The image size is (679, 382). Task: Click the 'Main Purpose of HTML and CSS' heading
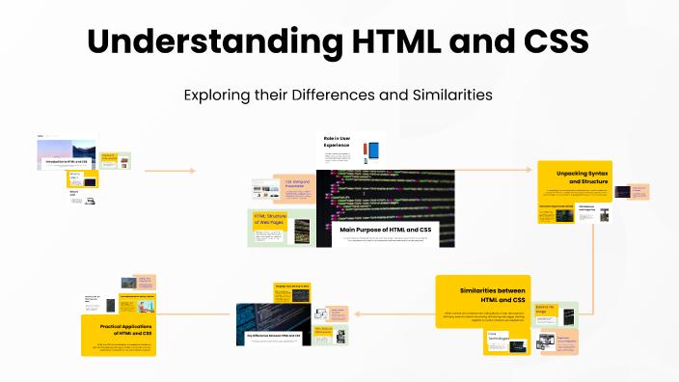pyautogui.click(x=386, y=230)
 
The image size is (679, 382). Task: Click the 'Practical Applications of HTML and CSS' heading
pyautogui.click(x=120, y=329)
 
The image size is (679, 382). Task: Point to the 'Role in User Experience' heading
pyautogui.click(x=337, y=144)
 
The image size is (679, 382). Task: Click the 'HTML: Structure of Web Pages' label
pyautogui.click(x=269, y=222)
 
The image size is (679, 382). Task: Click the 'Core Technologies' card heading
pyautogui.click(x=498, y=338)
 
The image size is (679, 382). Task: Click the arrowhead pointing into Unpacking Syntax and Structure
pyautogui.click(x=530, y=170)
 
